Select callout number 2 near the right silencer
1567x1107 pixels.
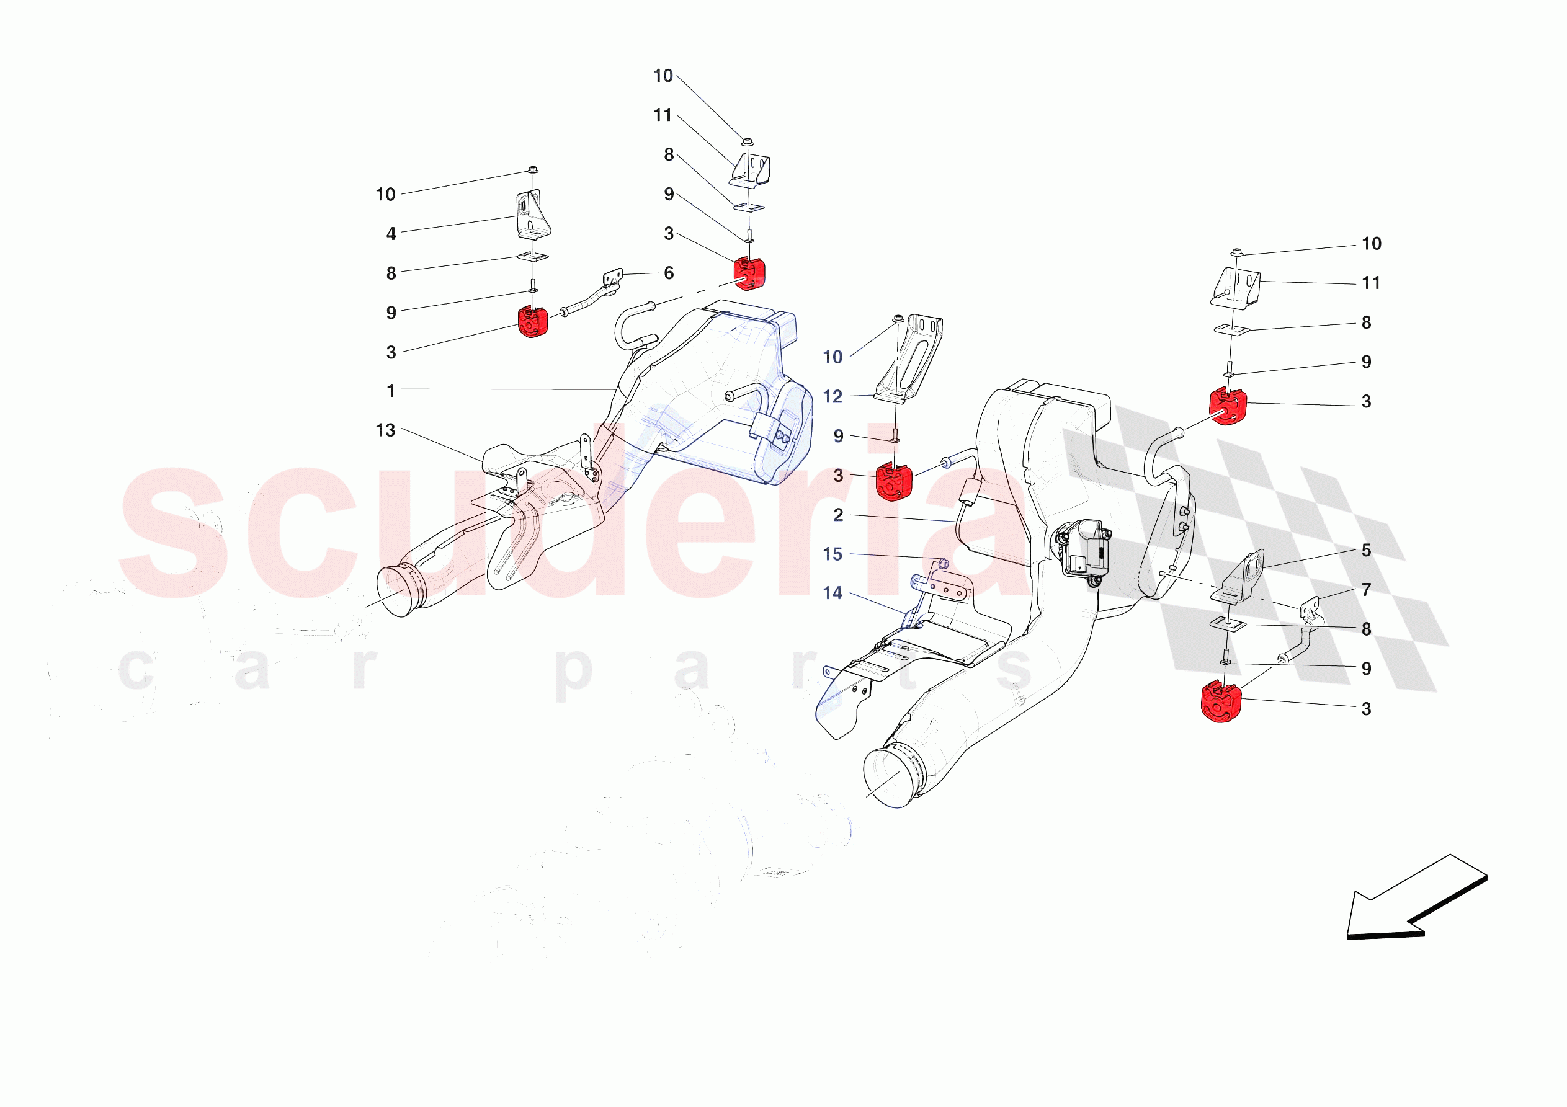[838, 515]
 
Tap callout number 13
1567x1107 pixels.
[386, 430]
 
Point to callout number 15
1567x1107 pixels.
[833, 554]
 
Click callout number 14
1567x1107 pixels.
[833, 593]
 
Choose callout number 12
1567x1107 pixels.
[833, 396]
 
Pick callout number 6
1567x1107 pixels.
[669, 273]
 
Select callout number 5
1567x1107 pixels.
[1367, 551]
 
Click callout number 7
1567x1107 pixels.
[1367, 590]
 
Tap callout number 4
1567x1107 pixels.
[391, 234]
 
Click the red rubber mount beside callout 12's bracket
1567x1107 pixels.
[893, 481]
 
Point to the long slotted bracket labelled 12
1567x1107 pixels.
[909, 358]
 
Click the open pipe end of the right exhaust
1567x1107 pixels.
[891, 778]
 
